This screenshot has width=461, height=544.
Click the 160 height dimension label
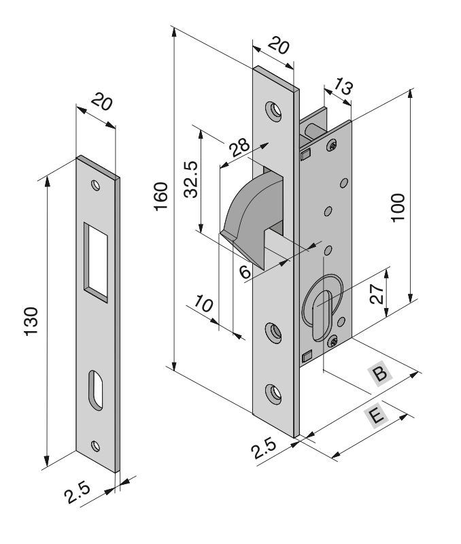(160, 197)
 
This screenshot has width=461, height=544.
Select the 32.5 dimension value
(192, 178)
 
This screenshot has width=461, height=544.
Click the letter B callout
(379, 373)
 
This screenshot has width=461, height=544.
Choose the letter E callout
(373, 414)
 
